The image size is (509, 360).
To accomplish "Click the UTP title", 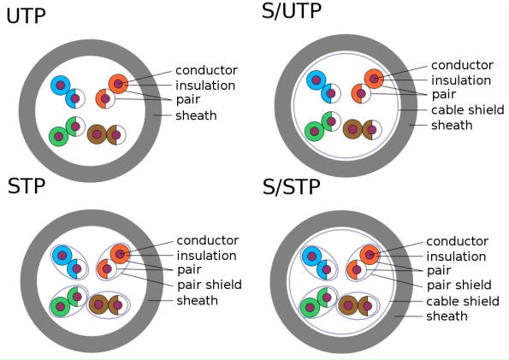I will pos(27,15).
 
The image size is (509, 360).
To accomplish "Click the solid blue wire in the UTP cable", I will pos(60,85).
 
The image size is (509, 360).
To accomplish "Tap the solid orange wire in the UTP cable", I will pos(118,84).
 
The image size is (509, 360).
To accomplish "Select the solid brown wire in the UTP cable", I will pos(97,134).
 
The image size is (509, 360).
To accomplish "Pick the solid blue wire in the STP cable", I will pos(61,255).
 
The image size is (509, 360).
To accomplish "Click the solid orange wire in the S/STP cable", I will pos(370,254).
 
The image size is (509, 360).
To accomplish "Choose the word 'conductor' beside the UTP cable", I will pos(206,70).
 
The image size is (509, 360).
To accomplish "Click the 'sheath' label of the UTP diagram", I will pos(196,115).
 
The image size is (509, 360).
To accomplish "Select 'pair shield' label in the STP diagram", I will pos(209,285).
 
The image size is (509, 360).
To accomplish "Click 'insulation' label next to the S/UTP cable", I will pos(460,80).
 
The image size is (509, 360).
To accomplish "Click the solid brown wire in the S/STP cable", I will pos(348,304).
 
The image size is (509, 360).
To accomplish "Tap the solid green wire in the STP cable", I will pos(60,304).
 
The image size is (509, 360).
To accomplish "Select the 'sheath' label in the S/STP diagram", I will pos(447,316).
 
